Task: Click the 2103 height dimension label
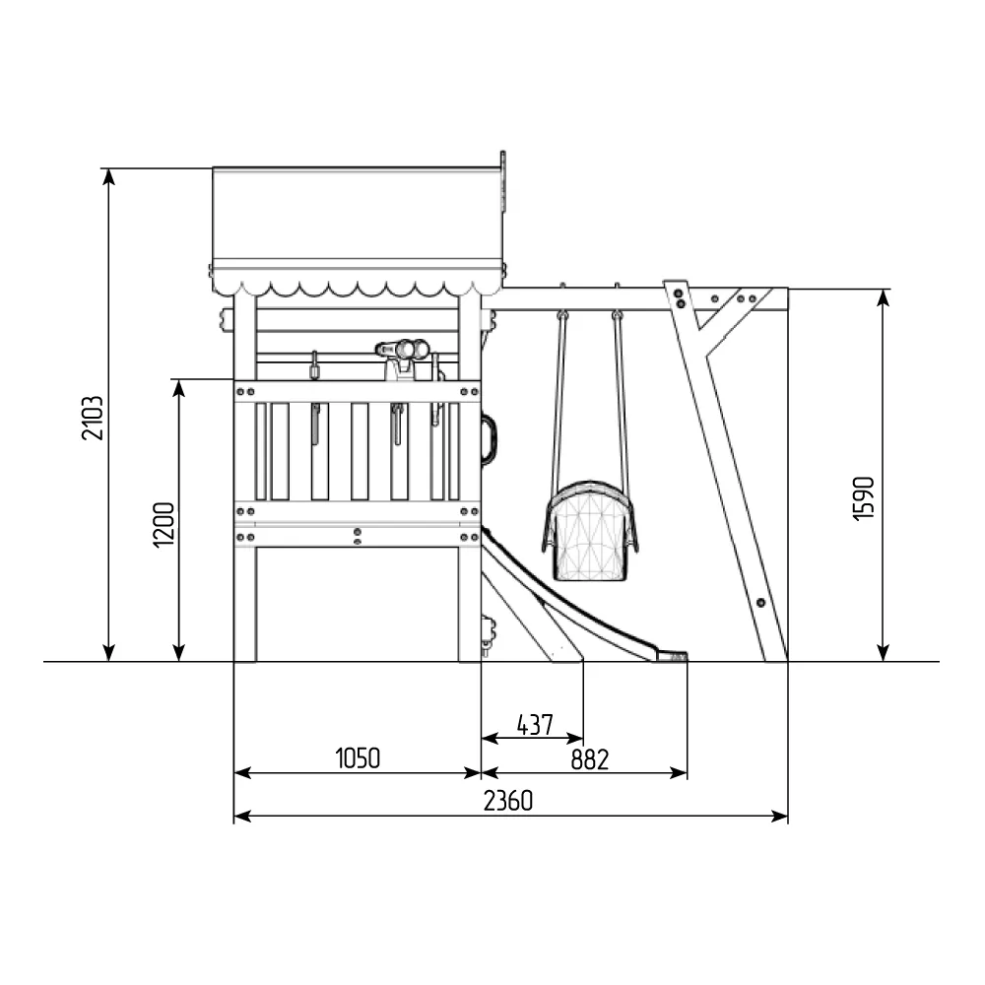pyautogui.click(x=93, y=418)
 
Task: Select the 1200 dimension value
pyautogui.click(x=164, y=525)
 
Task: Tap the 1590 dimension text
pyautogui.click(x=865, y=498)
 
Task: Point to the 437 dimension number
pyautogui.click(x=535, y=725)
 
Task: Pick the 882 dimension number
pyautogui.click(x=590, y=760)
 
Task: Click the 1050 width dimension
pyautogui.click(x=358, y=758)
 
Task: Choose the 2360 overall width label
pyautogui.click(x=508, y=801)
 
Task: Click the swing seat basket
pyautogui.click(x=590, y=531)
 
